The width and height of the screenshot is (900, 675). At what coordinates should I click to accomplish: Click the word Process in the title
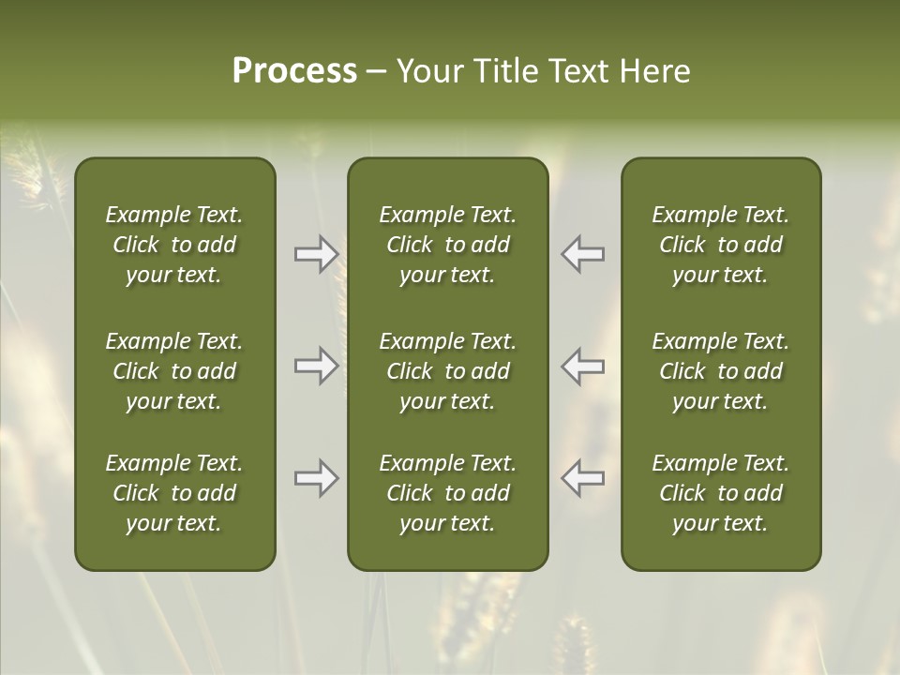point(294,71)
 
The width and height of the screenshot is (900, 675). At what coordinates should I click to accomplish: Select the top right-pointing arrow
point(316,254)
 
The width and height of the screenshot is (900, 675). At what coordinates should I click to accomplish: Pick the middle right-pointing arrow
point(316,366)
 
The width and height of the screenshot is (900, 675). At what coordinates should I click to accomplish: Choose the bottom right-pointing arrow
point(316,478)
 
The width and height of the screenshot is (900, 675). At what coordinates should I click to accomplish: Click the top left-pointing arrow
point(583,254)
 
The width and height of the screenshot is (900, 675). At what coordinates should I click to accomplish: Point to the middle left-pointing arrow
point(583,366)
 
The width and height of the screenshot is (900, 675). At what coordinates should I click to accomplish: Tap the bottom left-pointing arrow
point(583,478)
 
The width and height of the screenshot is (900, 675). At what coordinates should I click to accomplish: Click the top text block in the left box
point(174,245)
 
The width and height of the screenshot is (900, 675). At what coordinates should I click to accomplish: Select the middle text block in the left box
point(174,371)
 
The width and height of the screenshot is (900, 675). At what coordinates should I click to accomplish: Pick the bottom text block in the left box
point(174,493)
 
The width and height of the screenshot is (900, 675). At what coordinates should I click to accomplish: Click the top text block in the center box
point(447,245)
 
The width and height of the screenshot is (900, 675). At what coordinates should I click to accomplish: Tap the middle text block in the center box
point(447,371)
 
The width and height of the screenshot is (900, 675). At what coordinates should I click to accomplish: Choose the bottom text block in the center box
point(447,493)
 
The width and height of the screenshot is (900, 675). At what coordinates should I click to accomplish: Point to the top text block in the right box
point(720,245)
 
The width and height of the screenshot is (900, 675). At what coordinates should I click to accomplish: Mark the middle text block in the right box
point(720,371)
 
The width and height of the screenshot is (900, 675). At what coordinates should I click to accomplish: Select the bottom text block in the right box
point(720,493)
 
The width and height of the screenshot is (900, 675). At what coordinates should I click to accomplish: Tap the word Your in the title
point(429,71)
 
